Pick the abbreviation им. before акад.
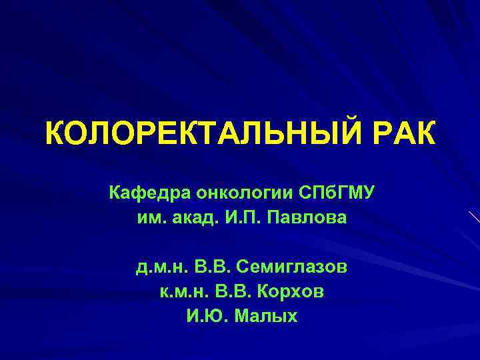coord(150,218)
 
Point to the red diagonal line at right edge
coord(475,217)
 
